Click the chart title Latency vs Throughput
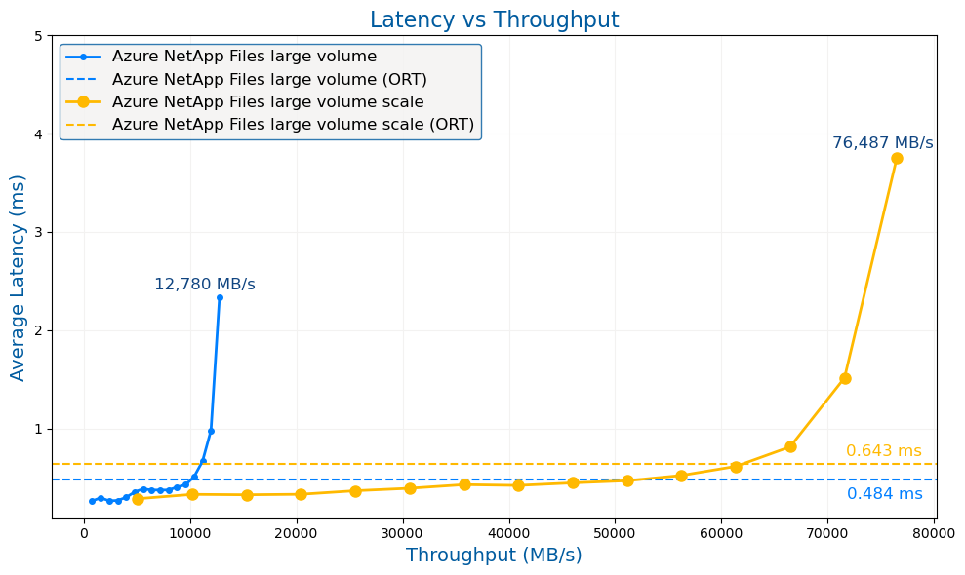(494, 20)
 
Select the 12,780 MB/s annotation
(205, 285)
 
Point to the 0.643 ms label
(883, 451)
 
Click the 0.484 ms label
(884, 494)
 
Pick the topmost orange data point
(897, 158)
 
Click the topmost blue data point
(220, 297)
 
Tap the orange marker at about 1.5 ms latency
(845, 378)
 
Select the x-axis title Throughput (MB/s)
(494, 556)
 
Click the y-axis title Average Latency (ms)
(19, 278)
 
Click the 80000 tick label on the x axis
(934, 534)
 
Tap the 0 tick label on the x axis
(84, 534)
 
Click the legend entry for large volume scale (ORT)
(293, 125)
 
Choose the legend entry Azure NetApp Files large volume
(244, 57)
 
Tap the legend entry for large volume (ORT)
(269, 79)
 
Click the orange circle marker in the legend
(83, 101)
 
